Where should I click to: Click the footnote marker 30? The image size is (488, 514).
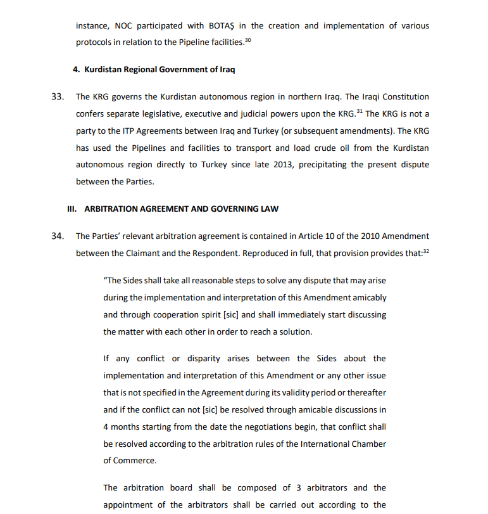(x=248, y=40)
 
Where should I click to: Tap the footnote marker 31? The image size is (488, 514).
(x=360, y=112)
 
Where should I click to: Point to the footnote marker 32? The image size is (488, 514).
(x=425, y=251)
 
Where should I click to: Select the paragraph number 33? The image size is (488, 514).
(x=57, y=97)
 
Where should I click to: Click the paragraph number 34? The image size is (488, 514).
(x=57, y=236)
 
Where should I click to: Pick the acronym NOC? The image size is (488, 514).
(x=125, y=26)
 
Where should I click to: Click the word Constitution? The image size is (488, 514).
(x=403, y=97)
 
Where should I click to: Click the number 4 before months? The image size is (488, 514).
(x=106, y=427)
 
